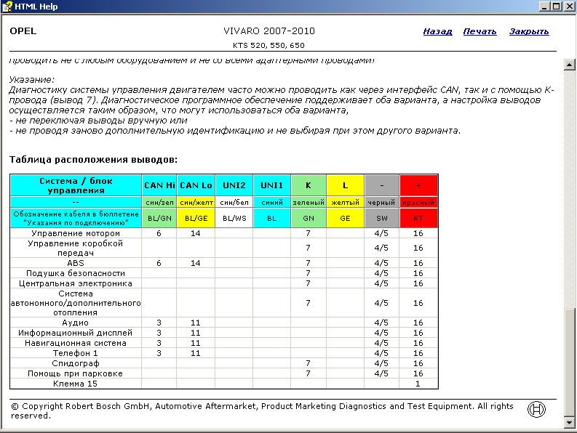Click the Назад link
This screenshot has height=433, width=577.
pos(437,31)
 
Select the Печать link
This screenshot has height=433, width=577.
pos(479,31)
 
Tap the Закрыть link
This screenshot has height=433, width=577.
pos(529,31)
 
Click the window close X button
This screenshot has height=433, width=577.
pos(568,7)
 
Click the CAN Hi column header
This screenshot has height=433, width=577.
pos(159,185)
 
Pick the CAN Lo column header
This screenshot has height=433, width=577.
pos(195,185)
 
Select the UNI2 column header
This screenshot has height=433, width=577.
pos(234,185)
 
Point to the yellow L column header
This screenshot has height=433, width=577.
pos(345,185)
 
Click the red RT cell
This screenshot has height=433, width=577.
pos(418,217)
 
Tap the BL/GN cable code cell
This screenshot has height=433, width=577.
pos(159,217)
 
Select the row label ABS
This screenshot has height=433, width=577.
pos(76,263)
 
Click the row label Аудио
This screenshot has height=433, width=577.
pos(76,322)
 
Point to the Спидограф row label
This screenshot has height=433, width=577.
pos(76,363)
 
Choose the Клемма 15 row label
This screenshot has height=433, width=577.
pos(76,383)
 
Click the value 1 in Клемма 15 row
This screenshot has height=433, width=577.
pos(418,383)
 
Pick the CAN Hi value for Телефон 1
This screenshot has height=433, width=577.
pos(159,352)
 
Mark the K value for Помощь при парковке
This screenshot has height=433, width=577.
pos(309,373)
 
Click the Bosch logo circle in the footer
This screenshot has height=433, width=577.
pos(536,409)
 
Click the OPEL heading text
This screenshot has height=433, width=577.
pos(23,31)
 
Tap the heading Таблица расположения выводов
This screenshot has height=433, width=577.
pos(93,159)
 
